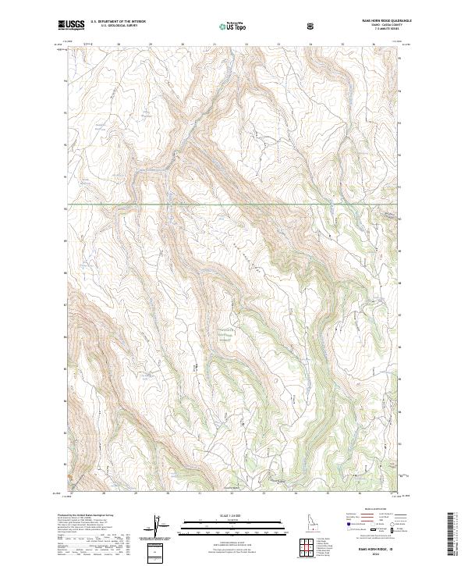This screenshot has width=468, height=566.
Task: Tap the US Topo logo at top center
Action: [231, 27]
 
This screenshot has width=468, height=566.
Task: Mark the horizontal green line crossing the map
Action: [234, 205]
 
